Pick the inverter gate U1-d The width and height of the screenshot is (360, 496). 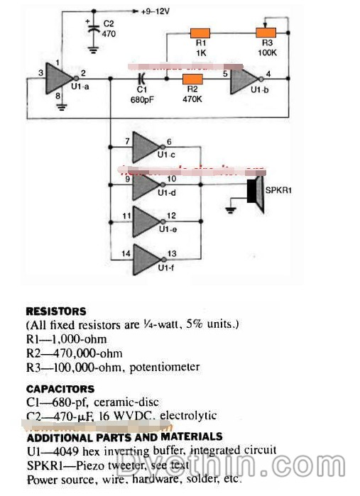[148, 185]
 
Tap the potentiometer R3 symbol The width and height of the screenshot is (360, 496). [266, 33]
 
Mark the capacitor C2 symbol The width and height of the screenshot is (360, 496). [93, 31]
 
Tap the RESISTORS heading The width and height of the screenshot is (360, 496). [56, 311]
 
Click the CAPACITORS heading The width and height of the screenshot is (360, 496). [60, 389]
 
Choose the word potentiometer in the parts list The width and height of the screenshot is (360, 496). [164, 367]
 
